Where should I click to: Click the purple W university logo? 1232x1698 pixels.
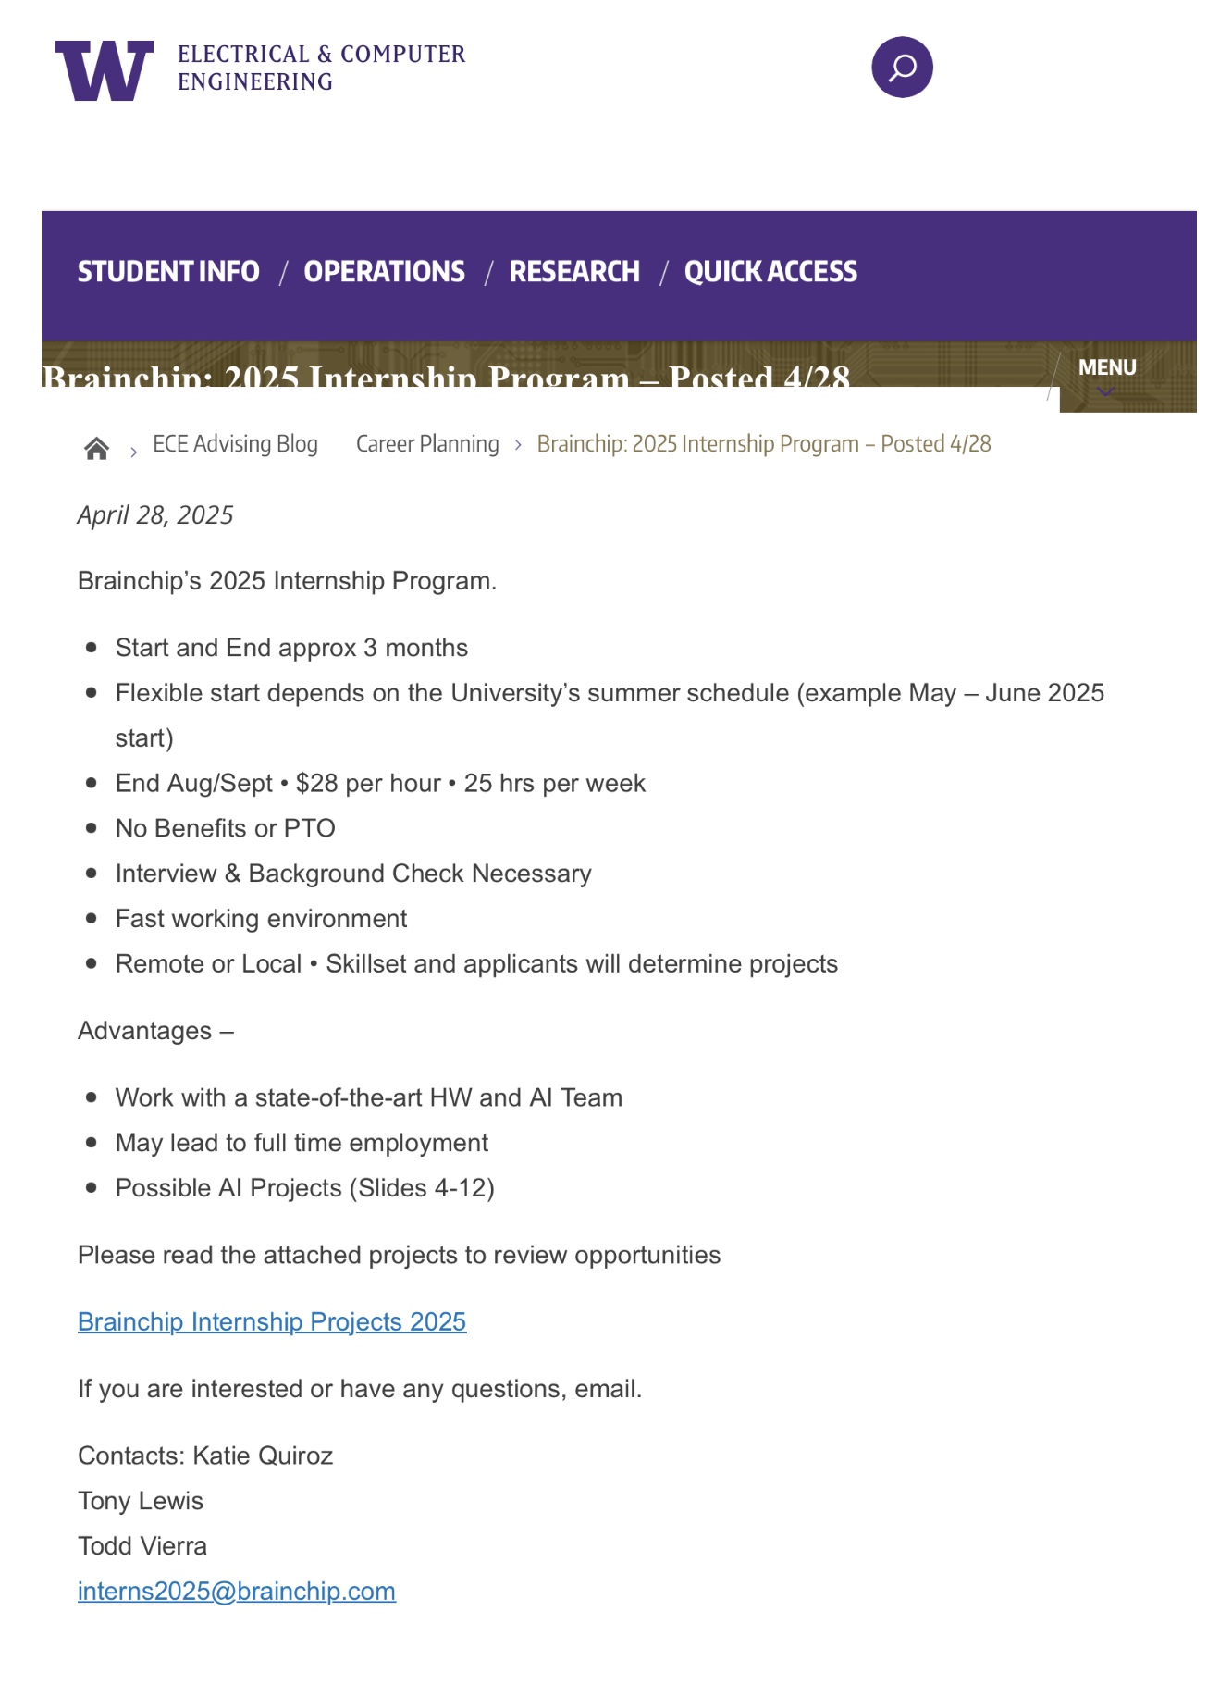(x=104, y=70)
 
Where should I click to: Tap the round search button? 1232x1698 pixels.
(x=902, y=68)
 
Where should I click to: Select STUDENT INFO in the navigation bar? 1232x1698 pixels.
(x=168, y=272)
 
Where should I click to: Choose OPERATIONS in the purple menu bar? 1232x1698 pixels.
(x=384, y=272)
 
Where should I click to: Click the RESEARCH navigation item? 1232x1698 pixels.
(x=574, y=272)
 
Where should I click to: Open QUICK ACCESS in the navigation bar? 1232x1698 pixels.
(x=770, y=272)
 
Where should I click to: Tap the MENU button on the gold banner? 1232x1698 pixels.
(x=1107, y=369)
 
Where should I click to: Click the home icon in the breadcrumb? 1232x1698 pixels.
(x=96, y=449)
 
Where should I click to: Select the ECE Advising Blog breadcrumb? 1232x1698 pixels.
(x=235, y=444)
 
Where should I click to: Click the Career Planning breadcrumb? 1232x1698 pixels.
(x=427, y=444)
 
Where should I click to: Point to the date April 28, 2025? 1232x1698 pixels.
(x=155, y=515)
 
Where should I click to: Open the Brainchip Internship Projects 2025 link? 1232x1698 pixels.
(x=272, y=1322)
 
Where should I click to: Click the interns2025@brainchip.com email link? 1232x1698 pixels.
(x=237, y=1592)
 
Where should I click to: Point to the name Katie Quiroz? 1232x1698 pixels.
(x=263, y=1456)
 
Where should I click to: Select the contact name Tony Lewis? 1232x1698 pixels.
(x=141, y=1501)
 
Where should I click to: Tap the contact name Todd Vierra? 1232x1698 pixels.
(x=142, y=1546)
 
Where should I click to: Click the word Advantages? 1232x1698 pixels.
(x=145, y=1031)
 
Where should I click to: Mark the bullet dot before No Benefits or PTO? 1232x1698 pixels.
(x=91, y=828)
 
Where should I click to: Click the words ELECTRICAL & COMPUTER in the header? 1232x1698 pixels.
(x=321, y=55)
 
